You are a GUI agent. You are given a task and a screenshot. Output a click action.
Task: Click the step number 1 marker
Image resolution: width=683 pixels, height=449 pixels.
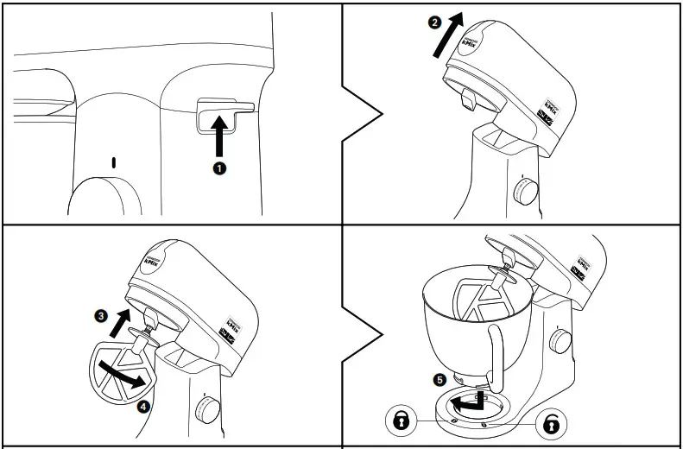point(219,168)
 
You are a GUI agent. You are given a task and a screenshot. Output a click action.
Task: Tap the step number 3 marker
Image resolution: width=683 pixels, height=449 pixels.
point(101,317)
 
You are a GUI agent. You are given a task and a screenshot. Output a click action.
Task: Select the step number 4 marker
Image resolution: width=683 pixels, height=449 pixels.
point(144,403)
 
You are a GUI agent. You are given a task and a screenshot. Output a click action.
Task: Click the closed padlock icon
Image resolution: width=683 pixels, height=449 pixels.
point(400,421)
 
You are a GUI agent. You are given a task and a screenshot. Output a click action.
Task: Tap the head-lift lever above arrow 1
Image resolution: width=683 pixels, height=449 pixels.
point(220,109)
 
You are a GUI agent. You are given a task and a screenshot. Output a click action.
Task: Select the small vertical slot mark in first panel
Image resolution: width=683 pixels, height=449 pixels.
point(112,161)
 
